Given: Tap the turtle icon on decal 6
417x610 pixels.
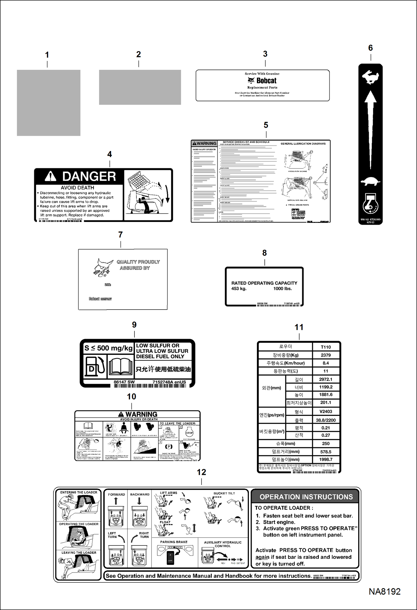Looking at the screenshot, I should click(x=370, y=182).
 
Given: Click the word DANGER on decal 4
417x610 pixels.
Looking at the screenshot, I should click(x=89, y=176).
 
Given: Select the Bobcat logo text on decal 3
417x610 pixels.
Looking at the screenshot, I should click(x=266, y=81).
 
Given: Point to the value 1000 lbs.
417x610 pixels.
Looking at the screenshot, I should click(x=282, y=288).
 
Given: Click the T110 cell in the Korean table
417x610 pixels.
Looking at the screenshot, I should click(x=325, y=347).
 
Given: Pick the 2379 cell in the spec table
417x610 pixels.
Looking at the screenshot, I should click(x=325, y=355).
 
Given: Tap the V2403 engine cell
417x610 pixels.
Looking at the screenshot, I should click(x=325, y=411).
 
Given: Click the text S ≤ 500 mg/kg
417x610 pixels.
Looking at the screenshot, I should click(x=108, y=348).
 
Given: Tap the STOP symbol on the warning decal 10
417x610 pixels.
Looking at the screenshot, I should click(x=189, y=433).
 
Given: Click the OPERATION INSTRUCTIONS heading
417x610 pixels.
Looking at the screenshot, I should click(x=306, y=497).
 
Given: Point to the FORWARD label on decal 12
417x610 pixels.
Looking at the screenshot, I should click(x=116, y=494).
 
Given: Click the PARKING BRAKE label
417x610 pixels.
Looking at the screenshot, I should click(x=174, y=542).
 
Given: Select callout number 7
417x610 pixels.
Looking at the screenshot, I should click(x=120, y=234).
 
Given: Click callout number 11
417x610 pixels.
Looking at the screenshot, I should click(x=299, y=327).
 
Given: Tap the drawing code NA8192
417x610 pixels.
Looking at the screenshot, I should click(x=384, y=591).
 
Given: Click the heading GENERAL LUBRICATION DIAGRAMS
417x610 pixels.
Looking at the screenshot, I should click(x=303, y=144).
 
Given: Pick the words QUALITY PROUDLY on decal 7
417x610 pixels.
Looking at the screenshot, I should click(x=138, y=262).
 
